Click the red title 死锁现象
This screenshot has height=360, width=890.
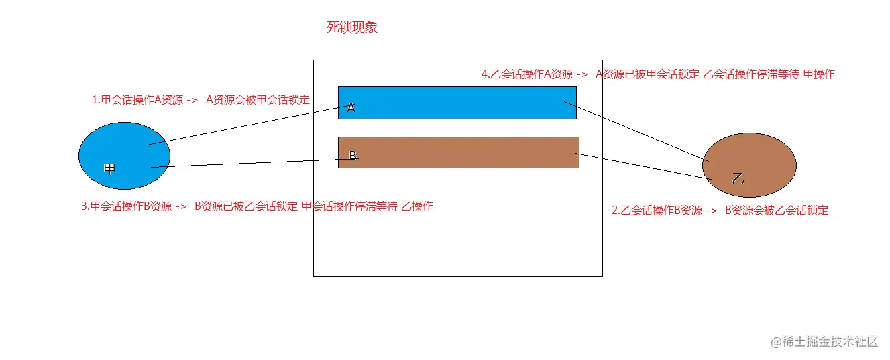click(x=351, y=28)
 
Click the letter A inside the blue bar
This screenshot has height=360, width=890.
click(x=351, y=107)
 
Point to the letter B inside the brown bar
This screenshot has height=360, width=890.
click(x=352, y=156)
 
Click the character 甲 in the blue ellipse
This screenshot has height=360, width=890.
click(x=110, y=168)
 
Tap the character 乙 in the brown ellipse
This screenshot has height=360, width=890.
click(x=738, y=179)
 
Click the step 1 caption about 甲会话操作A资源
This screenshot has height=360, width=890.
click(x=201, y=100)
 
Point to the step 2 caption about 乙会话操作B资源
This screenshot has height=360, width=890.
click(x=720, y=211)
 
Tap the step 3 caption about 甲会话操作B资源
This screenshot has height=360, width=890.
click(x=257, y=206)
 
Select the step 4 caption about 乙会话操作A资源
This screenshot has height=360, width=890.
click(x=657, y=74)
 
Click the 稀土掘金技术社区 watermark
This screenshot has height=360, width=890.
click(x=824, y=341)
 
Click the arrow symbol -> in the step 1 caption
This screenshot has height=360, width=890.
click(x=191, y=101)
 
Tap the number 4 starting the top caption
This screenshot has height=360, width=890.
click(x=484, y=74)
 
